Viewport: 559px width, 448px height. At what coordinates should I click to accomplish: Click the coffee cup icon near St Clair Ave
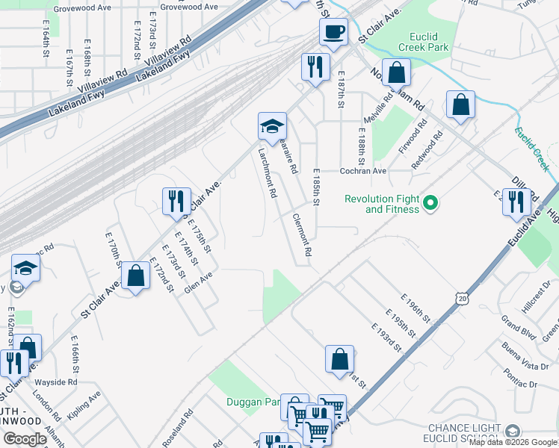[333, 32]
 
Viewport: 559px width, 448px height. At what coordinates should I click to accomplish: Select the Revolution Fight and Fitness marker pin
[430, 202]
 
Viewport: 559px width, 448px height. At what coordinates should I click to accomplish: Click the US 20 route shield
[464, 298]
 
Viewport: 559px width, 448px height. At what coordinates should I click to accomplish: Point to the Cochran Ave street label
[363, 171]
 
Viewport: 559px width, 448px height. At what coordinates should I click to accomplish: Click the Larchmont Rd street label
[268, 171]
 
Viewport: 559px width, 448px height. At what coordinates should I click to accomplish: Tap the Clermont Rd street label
[301, 234]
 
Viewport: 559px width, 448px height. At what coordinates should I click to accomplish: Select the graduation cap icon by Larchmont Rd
[272, 125]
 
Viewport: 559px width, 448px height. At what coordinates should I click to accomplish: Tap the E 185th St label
[316, 187]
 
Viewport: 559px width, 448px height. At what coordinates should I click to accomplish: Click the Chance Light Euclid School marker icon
[513, 432]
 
